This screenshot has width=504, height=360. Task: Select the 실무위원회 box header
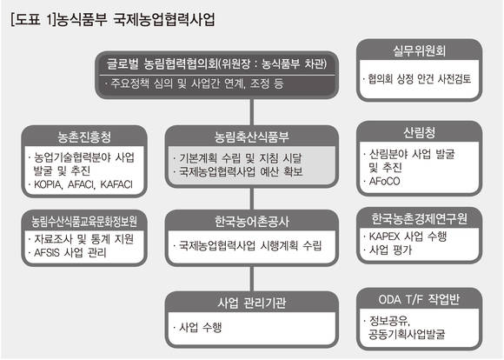tap(419, 50)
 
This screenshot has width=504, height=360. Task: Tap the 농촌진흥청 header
tap(84, 137)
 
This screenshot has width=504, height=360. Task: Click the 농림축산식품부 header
tap(252, 137)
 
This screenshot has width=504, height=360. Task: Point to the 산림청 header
tap(419, 132)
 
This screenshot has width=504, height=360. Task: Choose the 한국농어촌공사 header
tap(252, 222)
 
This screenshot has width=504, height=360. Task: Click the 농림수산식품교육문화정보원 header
tap(84, 221)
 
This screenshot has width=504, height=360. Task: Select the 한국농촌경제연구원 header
tap(419, 218)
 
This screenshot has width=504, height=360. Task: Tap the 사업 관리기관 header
tap(252, 303)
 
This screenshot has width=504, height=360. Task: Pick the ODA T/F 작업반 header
tap(419, 299)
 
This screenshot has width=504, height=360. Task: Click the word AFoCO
tap(384, 182)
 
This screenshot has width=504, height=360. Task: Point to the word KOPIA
tap(48, 184)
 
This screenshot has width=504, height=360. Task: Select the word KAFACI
tap(116, 184)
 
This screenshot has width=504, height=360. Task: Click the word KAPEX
tap(385, 237)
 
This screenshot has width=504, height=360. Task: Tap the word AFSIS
tap(47, 252)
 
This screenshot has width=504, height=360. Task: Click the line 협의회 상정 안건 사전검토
tap(420, 79)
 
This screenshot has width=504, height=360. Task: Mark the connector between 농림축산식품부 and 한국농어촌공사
tap(252, 199)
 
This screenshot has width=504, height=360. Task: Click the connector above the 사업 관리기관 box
tap(252, 278)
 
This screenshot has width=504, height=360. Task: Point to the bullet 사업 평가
tap(390, 250)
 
